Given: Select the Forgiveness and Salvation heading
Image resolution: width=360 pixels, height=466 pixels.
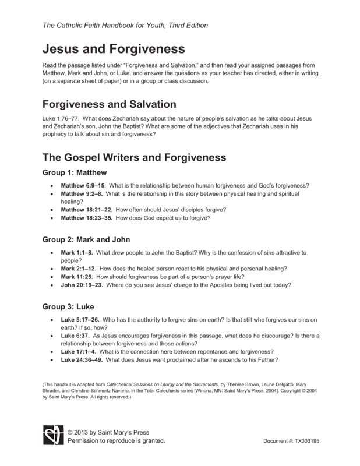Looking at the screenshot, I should click(110, 104).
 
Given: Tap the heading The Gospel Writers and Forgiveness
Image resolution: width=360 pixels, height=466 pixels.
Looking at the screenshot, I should click(130, 157).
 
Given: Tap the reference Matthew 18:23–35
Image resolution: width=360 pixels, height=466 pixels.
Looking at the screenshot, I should click(86, 218).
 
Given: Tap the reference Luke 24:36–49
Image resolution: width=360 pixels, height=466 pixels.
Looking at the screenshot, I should click(82, 359).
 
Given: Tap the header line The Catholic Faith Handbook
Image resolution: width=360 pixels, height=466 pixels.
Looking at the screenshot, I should click(125, 26).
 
